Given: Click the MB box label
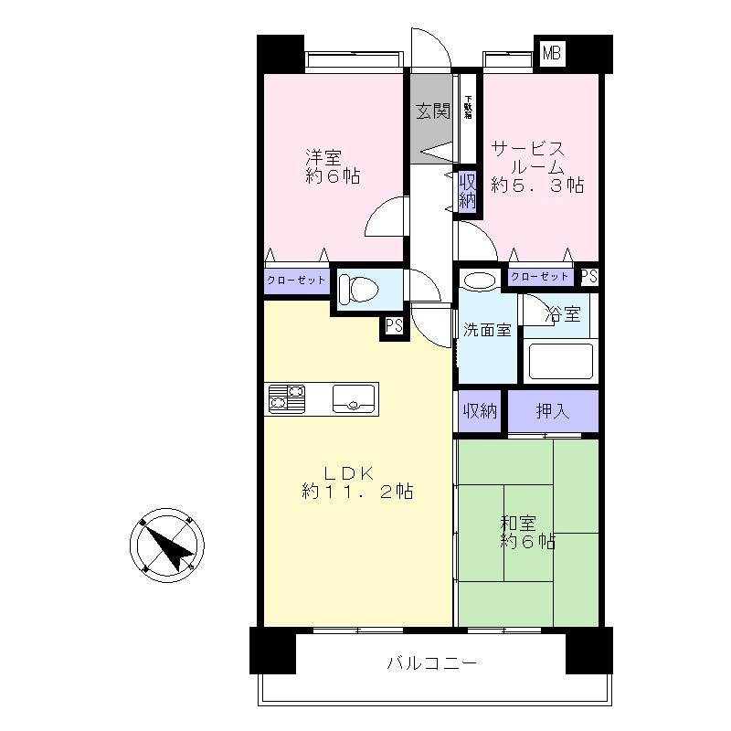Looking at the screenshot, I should (551, 54).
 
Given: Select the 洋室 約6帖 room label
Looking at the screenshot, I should (331, 165).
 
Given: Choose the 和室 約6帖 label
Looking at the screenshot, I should (527, 533).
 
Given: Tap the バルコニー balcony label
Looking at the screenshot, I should (430, 663).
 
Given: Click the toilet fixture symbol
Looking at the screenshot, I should (357, 290).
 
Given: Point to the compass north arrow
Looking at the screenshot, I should (170, 546).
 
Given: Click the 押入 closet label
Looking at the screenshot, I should (553, 411).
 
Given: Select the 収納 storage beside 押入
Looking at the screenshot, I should (478, 411).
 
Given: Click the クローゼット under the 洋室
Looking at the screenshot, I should (296, 281).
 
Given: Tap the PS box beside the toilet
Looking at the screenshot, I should (393, 326).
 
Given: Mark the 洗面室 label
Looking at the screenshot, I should (485, 330).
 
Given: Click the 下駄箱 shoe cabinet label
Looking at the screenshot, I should (468, 108).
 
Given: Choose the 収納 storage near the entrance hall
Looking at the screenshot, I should (467, 188).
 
